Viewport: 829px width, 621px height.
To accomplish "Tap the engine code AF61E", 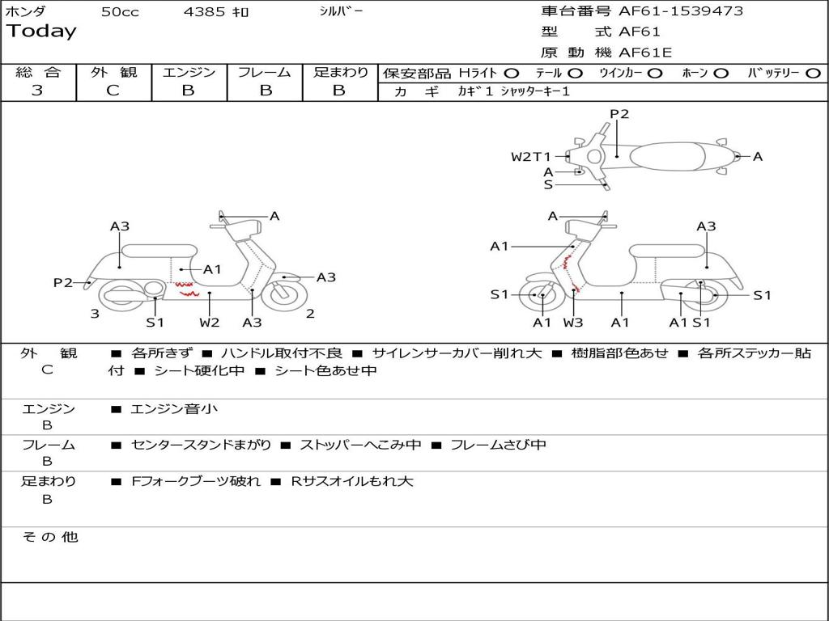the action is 645,53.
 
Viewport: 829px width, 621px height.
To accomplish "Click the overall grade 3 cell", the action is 37,91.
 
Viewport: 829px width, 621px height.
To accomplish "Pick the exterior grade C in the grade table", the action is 113,91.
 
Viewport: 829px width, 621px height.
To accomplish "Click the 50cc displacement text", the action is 120,12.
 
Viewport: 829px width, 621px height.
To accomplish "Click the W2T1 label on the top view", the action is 530,157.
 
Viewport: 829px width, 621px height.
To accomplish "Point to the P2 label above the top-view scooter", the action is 619,114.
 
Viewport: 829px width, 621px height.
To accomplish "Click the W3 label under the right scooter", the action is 573,323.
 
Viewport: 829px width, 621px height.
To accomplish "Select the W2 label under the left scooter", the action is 210,323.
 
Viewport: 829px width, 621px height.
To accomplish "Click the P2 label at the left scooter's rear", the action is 63,282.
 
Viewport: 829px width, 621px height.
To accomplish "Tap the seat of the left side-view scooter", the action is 159,250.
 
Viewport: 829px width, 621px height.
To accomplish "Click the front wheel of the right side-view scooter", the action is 542,296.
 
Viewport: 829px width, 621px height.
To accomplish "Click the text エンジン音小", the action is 174,409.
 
